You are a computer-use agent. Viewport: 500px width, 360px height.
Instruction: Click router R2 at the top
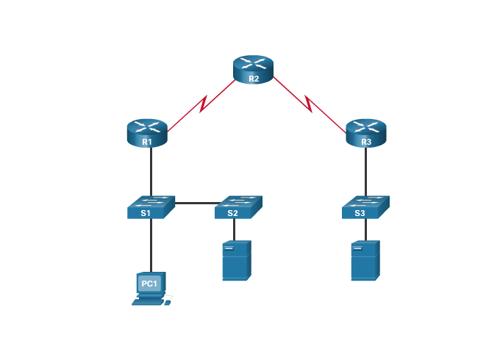[253, 68]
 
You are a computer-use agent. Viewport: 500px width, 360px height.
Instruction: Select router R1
[147, 132]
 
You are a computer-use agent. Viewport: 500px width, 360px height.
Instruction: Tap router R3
[365, 132]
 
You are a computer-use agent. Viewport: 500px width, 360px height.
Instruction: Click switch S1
[150, 206]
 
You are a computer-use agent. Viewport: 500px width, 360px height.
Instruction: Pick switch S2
[238, 206]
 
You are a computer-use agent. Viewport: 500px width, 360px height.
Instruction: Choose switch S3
[365, 206]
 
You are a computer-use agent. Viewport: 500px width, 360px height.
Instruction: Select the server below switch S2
[236, 260]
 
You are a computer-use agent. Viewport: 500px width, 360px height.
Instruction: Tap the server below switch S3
[364, 260]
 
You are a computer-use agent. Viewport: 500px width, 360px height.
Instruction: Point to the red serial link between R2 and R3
[310, 105]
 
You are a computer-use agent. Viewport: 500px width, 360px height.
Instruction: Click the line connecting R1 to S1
[151, 170]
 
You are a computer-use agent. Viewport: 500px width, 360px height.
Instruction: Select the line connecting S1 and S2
[196, 203]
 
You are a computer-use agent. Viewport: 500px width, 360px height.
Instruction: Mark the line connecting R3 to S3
[365, 170]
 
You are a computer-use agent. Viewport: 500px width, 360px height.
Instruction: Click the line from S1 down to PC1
[151, 246]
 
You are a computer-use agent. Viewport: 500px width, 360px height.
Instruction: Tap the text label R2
[254, 78]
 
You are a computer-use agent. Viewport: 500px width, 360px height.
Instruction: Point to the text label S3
[360, 213]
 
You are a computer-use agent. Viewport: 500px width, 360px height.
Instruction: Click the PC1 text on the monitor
[149, 283]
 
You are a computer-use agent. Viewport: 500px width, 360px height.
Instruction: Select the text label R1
[147, 142]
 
